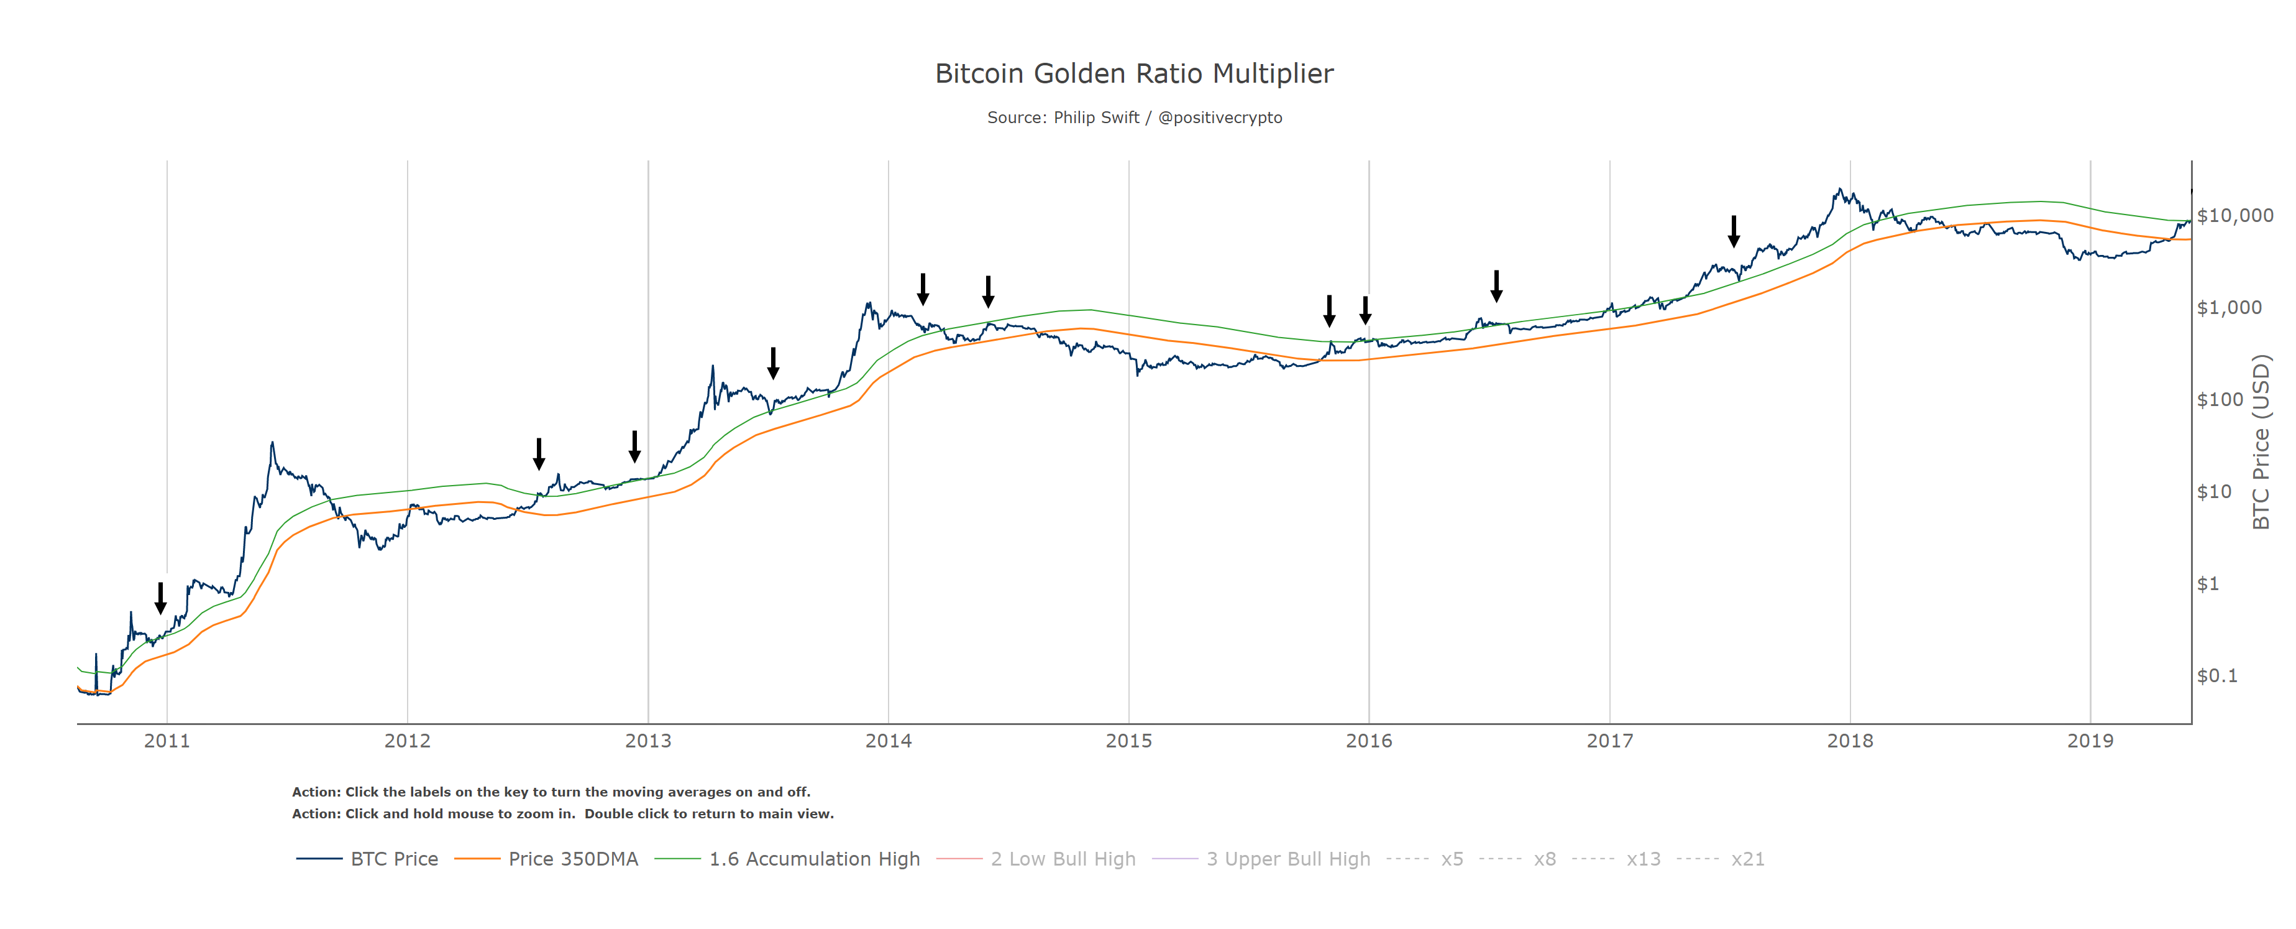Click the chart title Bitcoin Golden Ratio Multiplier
[x=1134, y=73]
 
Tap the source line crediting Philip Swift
[x=1134, y=118]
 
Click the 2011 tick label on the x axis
[x=167, y=741]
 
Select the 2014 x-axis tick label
[x=888, y=741]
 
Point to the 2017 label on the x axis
[x=1610, y=741]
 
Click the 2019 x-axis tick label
[x=2090, y=741]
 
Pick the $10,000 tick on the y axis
[x=2234, y=216]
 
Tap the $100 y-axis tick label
[x=2220, y=399]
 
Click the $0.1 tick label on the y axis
[x=2216, y=676]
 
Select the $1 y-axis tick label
[x=2208, y=584]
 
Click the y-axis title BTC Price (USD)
[x=2261, y=442]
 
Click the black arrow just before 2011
[x=160, y=598]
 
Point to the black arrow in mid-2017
[x=1734, y=231]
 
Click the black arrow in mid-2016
[x=1496, y=286]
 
